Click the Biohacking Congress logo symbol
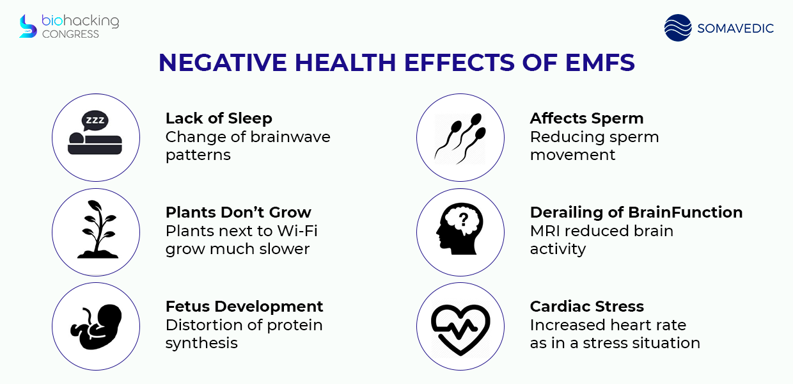click(x=28, y=26)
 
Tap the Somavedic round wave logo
click(x=678, y=28)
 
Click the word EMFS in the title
click(x=600, y=63)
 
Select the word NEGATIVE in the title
click(x=223, y=63)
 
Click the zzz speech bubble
click(x=95, y=120)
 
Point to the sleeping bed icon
click(x=95, y=143)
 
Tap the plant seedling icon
click(x=97, y=229)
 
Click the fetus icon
click(x=96, y=326)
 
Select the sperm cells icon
click(x=460, y=138)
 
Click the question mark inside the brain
click(x=464, y=220)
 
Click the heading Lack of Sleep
click(x=219, y=118)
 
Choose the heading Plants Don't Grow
click(x=239, y=212)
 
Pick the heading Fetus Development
click(x=244, y=307)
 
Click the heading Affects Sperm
click(x=586, y=118)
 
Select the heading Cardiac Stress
click(x=586, y=307)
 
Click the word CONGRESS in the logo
click(x=70, y=34)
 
